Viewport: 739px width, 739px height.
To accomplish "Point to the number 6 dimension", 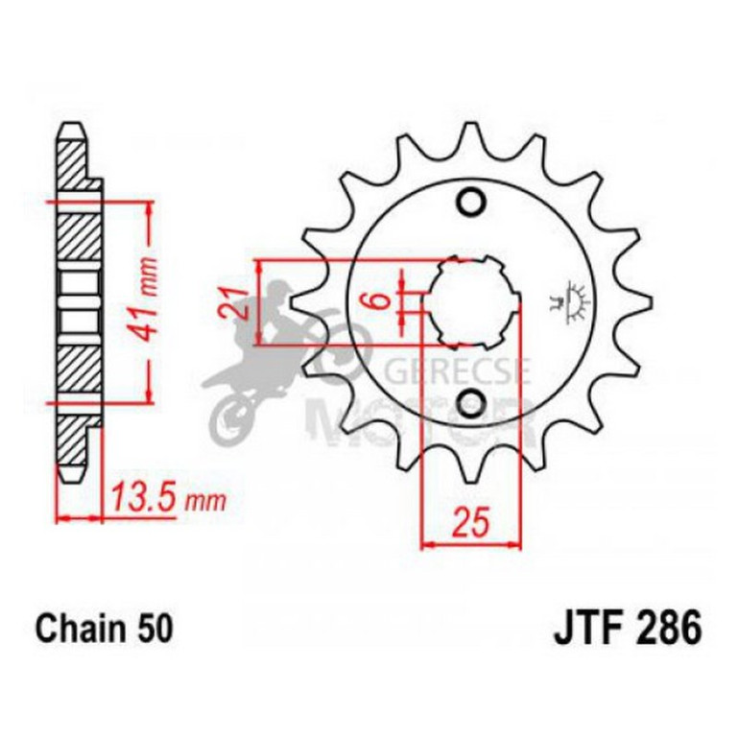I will coord(381,300).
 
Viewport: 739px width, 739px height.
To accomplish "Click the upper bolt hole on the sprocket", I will coord(470,203).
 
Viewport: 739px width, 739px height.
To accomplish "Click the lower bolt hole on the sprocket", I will coord(470,403).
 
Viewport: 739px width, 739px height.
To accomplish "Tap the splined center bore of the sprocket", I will coord(470,302).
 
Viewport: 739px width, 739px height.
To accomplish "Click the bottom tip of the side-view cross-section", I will coord(70,477).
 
